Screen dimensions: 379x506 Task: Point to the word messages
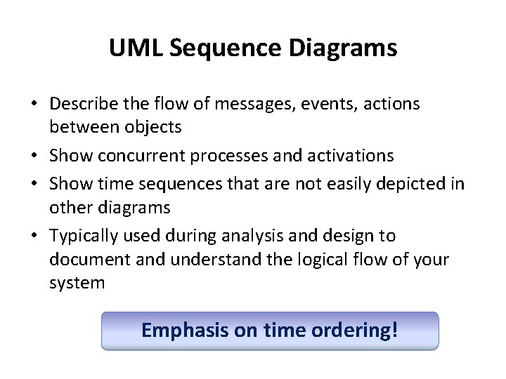[x=257, y=104]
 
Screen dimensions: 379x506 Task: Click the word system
[x=77, y=284]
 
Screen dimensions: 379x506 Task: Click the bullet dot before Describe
[x=33, y=105]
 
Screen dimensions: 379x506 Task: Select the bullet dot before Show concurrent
[x=33, y=154]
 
